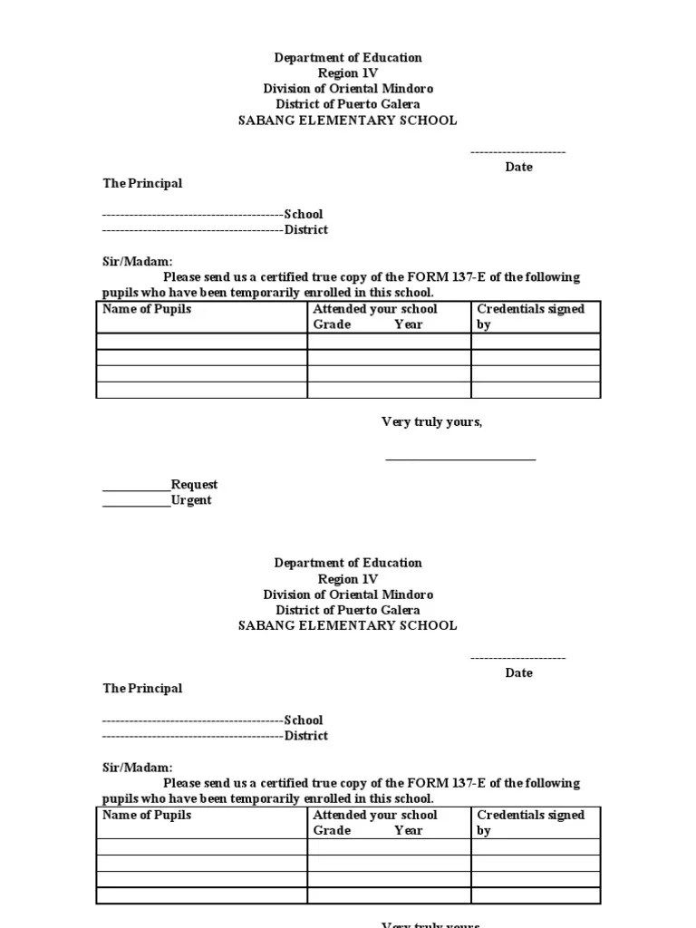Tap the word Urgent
point(191,500)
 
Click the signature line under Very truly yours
point(460,459)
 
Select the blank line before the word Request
point(136,488)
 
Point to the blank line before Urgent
point(136,504)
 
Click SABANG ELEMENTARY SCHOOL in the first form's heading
point(348,121)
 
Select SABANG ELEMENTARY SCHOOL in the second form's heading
point(348,626)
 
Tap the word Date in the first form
point(519,167)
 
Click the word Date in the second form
point(519,672)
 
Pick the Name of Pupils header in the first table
point(147,309)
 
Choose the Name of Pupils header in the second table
point(147,815)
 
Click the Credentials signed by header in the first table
point(530,316)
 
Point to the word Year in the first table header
point(409,324)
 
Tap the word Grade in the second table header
point(332,830)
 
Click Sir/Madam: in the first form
point(137,261)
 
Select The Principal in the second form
point(142,689)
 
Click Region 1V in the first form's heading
point(348,73)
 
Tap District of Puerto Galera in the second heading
point(348,610)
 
